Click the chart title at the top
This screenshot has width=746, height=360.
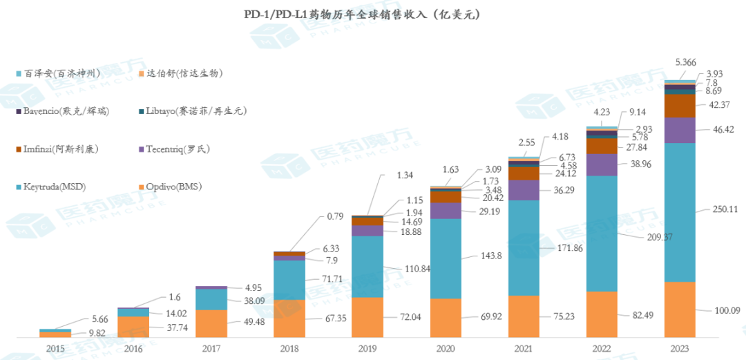point(363,15)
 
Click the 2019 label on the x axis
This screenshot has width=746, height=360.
point(368,350)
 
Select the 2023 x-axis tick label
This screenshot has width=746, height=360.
point(680,350)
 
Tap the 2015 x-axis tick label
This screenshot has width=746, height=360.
point(55,350)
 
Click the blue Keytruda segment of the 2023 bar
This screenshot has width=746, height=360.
point(680,212)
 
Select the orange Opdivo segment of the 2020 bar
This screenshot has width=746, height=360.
point(446,318)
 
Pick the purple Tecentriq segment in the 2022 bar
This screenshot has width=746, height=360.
point(602,164)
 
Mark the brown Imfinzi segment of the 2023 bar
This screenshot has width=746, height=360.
point(680,105)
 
